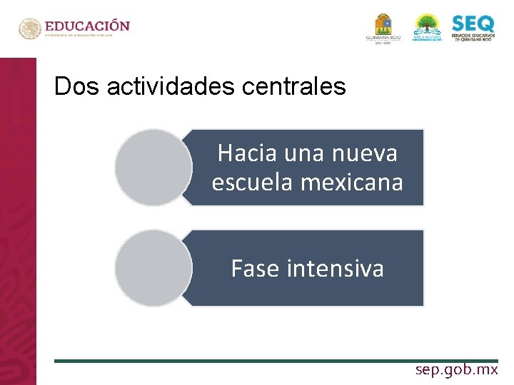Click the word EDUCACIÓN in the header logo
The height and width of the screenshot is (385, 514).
(89, 26)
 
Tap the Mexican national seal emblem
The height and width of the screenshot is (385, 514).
(30, 29)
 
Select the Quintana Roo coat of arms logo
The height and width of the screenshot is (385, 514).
(383, 26)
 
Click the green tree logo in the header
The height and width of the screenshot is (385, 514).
(428, 26)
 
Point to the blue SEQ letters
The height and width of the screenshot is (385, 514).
(472, 24)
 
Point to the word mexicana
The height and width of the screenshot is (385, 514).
(352, 182)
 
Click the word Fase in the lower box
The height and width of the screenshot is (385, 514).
(255, 268)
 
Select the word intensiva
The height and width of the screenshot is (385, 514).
(335, 268)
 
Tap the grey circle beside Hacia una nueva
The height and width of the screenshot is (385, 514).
(153, 168)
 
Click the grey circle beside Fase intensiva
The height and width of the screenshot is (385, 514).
(153, 268)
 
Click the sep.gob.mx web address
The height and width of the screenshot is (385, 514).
(457, 370)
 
